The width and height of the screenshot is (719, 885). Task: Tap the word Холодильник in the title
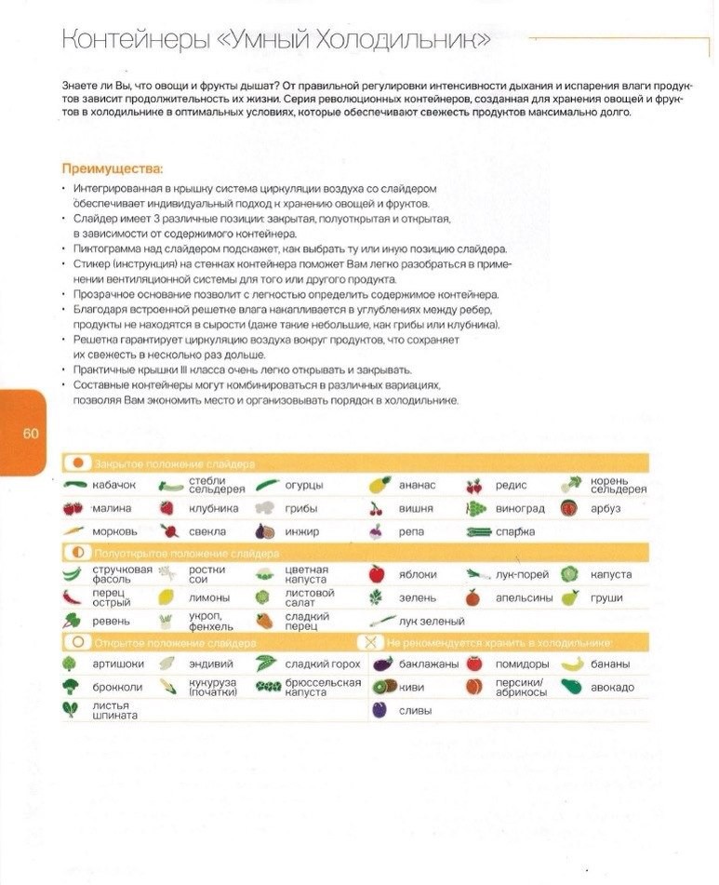tap(410, 42)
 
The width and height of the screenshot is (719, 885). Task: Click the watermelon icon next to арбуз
tap(569, 508)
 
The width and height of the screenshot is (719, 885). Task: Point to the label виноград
tap(520, 508)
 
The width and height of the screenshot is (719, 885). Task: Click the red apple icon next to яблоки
tap(377, 574)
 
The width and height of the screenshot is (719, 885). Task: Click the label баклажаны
tap(429, 664)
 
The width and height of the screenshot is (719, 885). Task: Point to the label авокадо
tap(612, 687)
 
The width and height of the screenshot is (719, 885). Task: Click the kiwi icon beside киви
tap(379, 687)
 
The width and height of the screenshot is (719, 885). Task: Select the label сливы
tap(415, 710)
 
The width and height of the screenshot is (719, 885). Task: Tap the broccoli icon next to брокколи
tap(71, 687)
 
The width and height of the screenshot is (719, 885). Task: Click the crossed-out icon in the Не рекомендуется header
tap(371, 642)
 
